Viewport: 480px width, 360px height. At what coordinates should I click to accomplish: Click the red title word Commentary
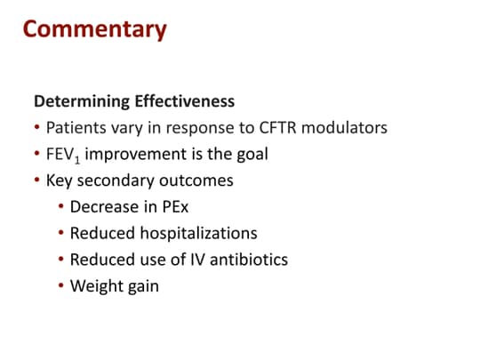94,29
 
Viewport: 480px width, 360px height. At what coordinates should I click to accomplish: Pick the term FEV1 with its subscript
63,155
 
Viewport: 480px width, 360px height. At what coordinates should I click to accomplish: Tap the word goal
249,154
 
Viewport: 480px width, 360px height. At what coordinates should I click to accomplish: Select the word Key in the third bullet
60,180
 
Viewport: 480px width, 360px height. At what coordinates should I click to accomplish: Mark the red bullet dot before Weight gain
60,287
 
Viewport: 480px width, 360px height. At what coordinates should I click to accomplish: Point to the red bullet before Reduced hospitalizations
60,234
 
